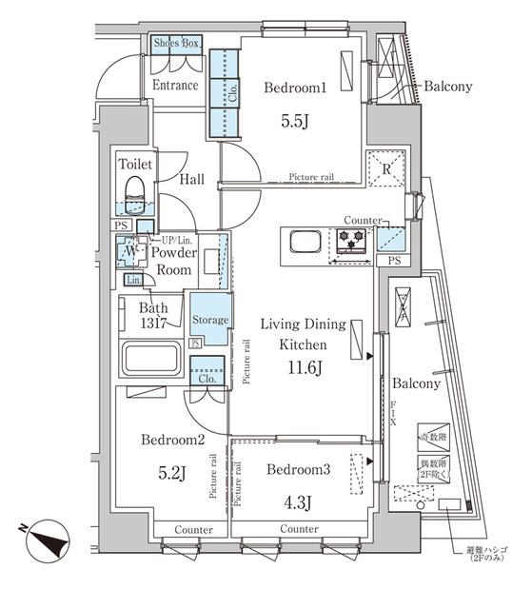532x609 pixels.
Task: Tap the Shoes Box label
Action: click(x=177, y=44)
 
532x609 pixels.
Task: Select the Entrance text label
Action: click(x=175, y=86)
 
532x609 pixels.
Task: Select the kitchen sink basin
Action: click(x=303, y=244)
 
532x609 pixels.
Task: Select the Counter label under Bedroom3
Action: click(x=299, y=528)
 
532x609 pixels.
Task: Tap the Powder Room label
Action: click(x=174, y=261)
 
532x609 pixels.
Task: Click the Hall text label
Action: click(x=193, y=178)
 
